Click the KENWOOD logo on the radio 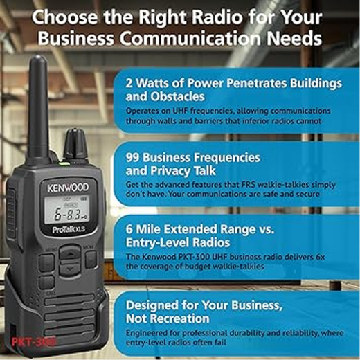tap(68, 188)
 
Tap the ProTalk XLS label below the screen tap(69, 229)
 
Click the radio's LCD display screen tap(66, 210)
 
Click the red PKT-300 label tap(34, 342)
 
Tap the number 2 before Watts tap(129, 83)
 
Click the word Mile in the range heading tap(148, 229)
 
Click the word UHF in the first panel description tap(181, 111)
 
